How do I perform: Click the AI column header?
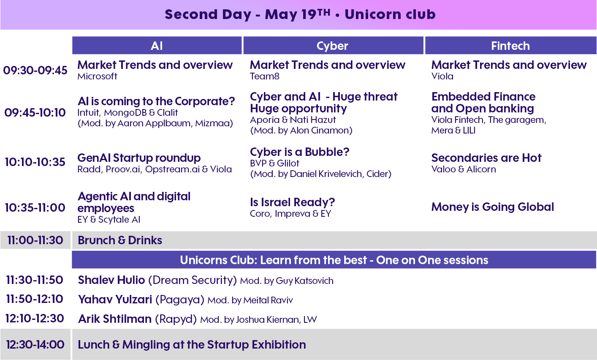click(x=157, y=46)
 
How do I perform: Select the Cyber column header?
click(x=333, y=46)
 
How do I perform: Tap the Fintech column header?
click(x=510, y=46)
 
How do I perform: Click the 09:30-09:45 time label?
click(x=35, y=71)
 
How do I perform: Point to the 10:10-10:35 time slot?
click(x=35, y=162)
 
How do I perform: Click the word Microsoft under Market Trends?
click(x=97, y=76)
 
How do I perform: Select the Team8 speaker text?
click(x=265, y=76)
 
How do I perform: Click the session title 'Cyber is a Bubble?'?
click(x=300, y=152)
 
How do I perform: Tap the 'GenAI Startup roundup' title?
click(x=139, y=158)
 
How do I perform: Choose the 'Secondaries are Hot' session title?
click(x=486, y=158)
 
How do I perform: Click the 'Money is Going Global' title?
click(x=493, y=207)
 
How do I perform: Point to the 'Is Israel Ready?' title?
click(x=292, y=202)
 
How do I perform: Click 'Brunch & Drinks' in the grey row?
click(x=120, y=240)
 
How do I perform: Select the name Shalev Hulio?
click(x=111, y=280)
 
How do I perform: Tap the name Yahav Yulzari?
click(x=115, y=300)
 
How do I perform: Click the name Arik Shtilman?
click(x=115, y=319)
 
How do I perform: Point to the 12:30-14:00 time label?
click(x=35, y=344)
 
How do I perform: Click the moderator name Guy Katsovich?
click(x=305, y=281)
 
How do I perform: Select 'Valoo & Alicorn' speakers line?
click(x=464, y=169)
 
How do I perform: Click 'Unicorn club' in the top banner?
click(x=390, y=14)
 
